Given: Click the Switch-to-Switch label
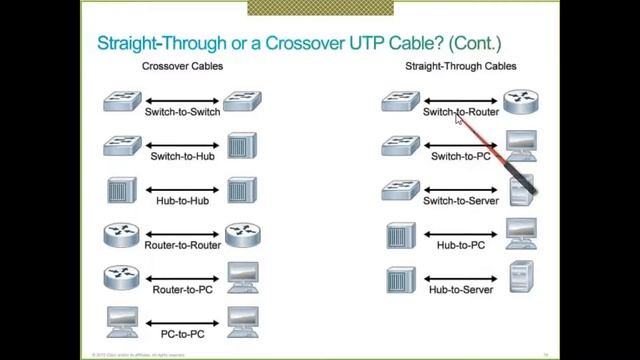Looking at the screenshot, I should pyautogui.click(x=182, y=112).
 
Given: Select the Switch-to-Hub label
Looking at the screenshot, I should pyautogui.click(x=182, y=156).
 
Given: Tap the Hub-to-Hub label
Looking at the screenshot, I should pyautogui.click(x=182, y=201).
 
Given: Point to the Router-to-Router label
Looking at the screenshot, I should pyautogui.click(x=182, y=245).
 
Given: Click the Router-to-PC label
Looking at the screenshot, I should pyautogui.click(x=182, y=289).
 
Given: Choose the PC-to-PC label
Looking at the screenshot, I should pyautogui.click(x=182, y=333).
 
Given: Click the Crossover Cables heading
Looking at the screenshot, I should pyautogui.click(x=182, y=67).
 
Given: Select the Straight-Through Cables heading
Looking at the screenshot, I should pyautogui.click(x=461, y=67).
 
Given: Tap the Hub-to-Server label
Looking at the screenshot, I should pyautogui.click(x=461, y=289).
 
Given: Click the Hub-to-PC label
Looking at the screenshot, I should pyautogui.click(x=461, y=245).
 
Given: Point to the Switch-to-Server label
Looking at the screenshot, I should pyautogui.click(x=461, y=201).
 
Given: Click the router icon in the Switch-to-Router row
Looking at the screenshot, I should pyautogui.click(x=520, y=101).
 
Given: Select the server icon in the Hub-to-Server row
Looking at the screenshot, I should pyautogui.click(x=521, y=276).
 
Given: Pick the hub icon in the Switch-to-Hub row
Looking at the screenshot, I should pyautogui.click(x=242, y=146).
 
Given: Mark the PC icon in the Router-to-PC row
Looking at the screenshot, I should pyautogui.click(x=242, y=278).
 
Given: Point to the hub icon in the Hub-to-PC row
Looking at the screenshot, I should pyautogui.click(x=400, y=235).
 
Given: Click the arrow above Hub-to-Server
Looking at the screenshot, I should pyautogui.click(x=461, y=277).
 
